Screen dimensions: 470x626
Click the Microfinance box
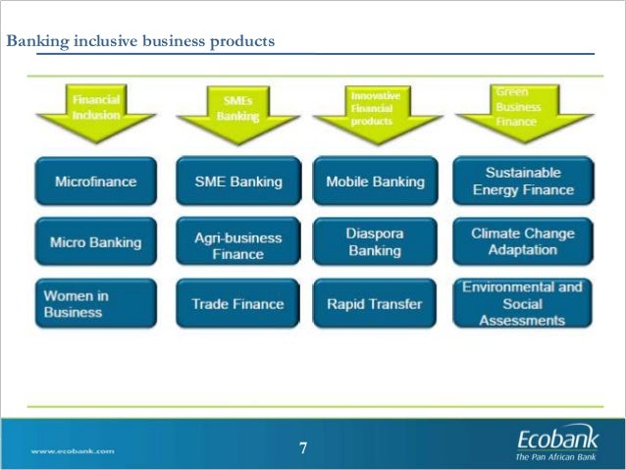pyautogui.click(x=95, y=182)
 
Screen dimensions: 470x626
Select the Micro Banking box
pyautogui.click(x=95, y=241)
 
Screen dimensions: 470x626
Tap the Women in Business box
pyautogui.click(x=95, y=303)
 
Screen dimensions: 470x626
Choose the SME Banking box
pyautogui.click(x=236, y=182)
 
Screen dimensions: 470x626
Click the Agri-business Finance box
pyautogui.click(x=236, y=245)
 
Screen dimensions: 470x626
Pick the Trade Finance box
pyautogui.click(x=236, y=304)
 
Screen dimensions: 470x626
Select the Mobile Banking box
pyautogui.click(x=375, y=182)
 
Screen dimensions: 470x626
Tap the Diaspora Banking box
pyautogui.click(x=375, y=242)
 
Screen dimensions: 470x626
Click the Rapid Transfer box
pyautogui.click(x=375, y=304)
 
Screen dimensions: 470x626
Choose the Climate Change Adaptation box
pyautogui.click(x=522, y=241)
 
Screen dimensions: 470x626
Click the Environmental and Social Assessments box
pyautogui.click(x=522, y=303)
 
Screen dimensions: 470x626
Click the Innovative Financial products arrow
pyautogui.click(x=374, y=108)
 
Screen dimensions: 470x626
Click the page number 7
pyautogui.click(x=303, y=449)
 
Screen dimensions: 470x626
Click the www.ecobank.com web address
pyautogui.click(x=73, y=451)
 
